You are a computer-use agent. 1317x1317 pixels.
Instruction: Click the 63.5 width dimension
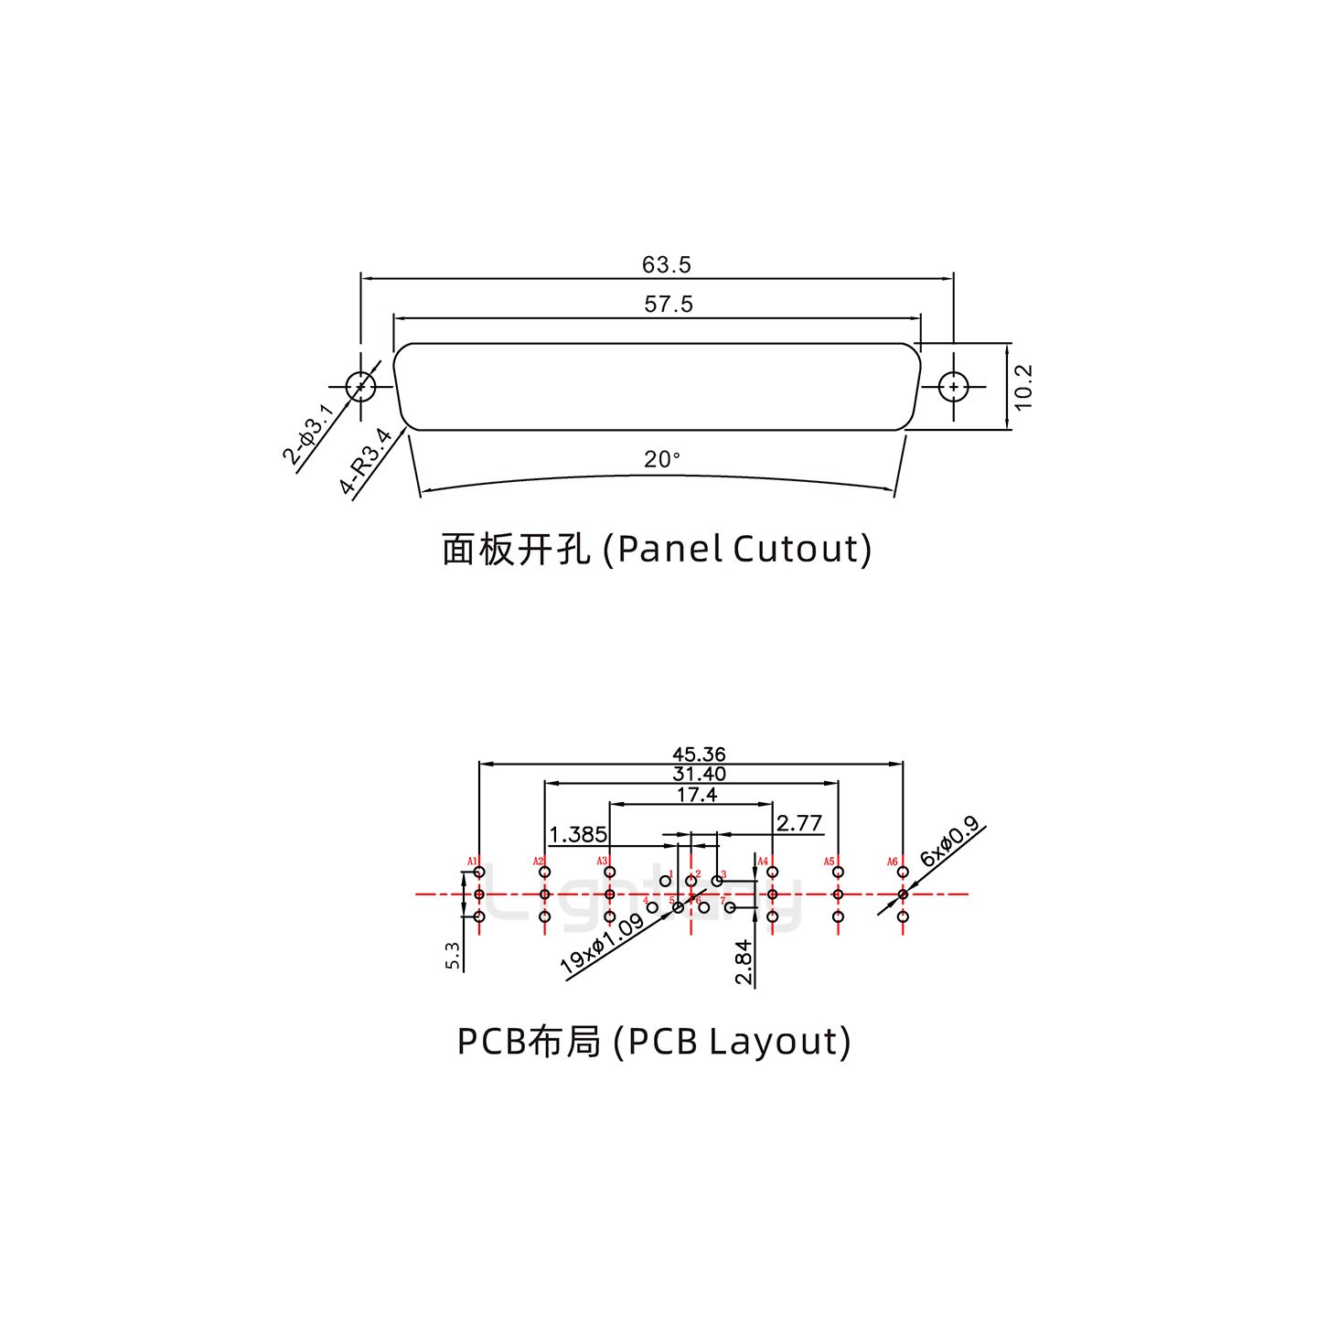tap(667, 265)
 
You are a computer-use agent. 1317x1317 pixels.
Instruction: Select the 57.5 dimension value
tap(669, 305)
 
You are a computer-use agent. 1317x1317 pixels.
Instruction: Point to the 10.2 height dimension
tap(1023, 387)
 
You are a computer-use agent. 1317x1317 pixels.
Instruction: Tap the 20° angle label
tap(662, 459)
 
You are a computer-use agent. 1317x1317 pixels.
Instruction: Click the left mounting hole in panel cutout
tap(361, 387)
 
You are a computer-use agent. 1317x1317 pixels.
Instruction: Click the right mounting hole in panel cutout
tap(954, 388)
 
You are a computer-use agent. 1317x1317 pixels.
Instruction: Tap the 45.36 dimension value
tap(699, 755)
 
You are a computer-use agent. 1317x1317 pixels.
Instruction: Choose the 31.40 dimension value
tap(698, 775)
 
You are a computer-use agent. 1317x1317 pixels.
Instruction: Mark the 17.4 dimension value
tap(697, 796)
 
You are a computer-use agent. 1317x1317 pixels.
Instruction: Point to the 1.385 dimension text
tap(578, 834)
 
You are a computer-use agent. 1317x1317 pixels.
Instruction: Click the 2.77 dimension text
tap(798, 823)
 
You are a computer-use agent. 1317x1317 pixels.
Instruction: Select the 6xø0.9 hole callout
tap(950, 842)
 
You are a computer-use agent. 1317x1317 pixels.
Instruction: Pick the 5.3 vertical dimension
tap(453, 956)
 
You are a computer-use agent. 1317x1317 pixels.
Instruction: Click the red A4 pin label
tap(763, 862)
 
